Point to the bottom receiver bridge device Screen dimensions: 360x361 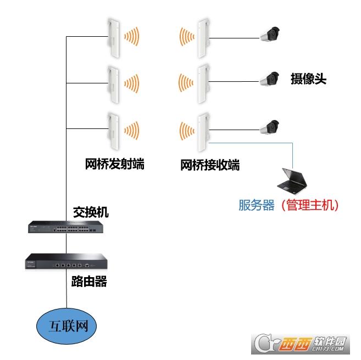[x=202, y=131]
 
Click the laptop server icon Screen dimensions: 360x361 [x=293, y=179]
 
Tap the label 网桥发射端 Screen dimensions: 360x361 [x=115, y=164]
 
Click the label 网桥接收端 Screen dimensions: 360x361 [x=210, y=164]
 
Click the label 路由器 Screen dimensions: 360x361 [x=89, y=283]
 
